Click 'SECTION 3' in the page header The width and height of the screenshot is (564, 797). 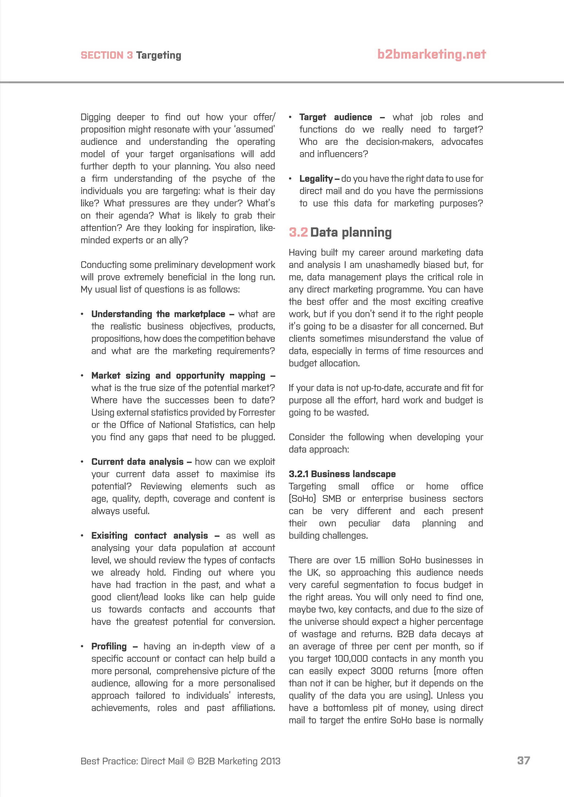(x=107, y=55)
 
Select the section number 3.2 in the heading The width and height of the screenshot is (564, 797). (x=298, y=232)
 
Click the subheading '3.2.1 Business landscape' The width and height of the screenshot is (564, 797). (x=342, y=474)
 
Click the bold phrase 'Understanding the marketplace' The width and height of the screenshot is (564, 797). (x=158, y=314)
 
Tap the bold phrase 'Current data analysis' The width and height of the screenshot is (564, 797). (x=137, y=462)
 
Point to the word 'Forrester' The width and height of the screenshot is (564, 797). (x=257, y=412)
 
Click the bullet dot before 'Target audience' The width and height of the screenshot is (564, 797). (x=290, y=117)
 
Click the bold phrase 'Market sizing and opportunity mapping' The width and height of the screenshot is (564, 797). (x=178, y=376)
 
